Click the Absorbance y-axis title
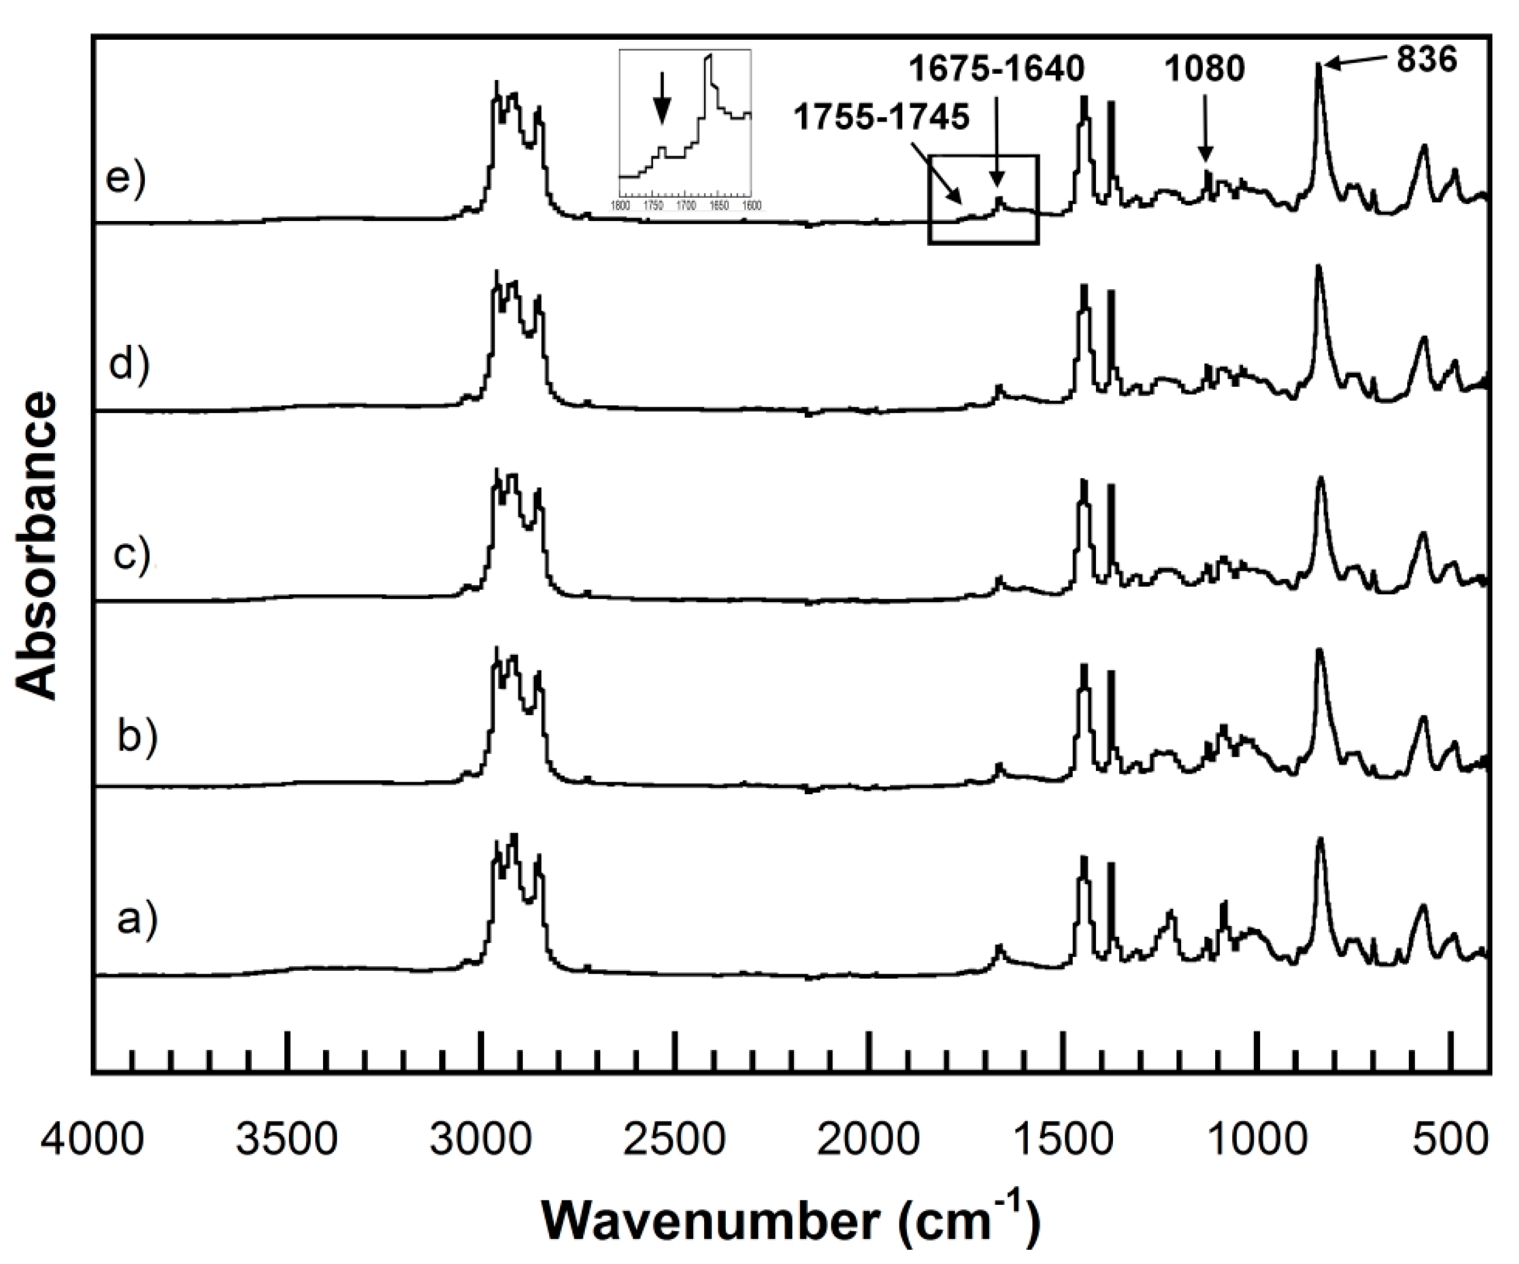click(36, 547)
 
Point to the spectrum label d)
click(129, 364)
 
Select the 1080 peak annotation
click(1204, 69)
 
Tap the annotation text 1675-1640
click(997, 69)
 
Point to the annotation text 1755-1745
click(882, 117)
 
